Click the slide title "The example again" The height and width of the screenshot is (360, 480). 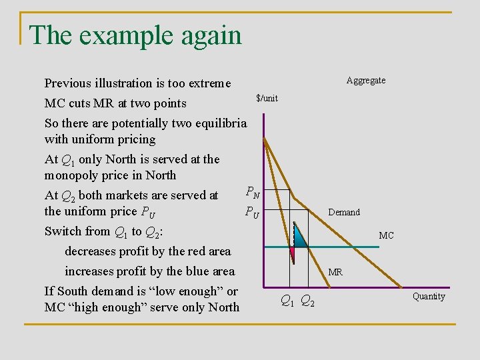click(x=135, y=35)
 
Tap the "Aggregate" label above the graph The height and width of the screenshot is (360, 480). click(x=365, y=81)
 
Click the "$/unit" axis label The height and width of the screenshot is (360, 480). click(x=267, y=99)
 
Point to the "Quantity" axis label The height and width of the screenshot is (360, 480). click(x=429, y=297)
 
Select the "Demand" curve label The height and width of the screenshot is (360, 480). click(x=344, y=213)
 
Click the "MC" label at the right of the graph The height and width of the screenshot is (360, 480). click(x=386, y=236)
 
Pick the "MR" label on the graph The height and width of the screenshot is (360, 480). click(x=335, y=272)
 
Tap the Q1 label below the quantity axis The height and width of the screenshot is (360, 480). click(x=287, y=301)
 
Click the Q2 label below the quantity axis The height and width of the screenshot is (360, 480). click(x=308, y=301)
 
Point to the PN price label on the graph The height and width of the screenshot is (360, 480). click(x=253, y=193)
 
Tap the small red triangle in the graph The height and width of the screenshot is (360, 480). click(x=291, y=252)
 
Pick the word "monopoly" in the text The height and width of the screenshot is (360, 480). click(x=70, y=176)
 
